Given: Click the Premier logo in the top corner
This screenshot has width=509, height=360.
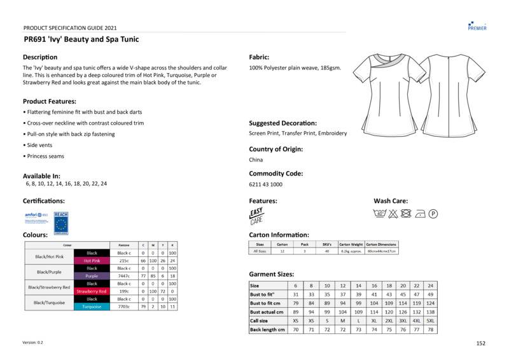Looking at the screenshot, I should click(477, 25).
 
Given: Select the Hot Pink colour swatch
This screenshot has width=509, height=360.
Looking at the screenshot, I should click(92, 261).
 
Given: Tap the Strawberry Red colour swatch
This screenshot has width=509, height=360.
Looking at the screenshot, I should click(92, 291).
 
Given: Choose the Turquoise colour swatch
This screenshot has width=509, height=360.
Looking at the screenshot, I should click(92, 307).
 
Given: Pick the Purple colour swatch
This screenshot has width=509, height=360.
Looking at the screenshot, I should click(92, 276).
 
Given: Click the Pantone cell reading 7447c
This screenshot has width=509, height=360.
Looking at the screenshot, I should click(124, 276).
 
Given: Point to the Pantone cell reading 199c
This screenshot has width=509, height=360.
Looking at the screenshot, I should click(124, 291).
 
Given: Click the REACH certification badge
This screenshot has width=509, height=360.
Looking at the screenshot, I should click(61, 221).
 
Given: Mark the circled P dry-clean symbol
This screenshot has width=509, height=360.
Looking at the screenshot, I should click(434, 214).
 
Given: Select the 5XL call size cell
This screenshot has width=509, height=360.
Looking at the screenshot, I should click(431, 321).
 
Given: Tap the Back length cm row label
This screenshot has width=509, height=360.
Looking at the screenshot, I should click(267, 330).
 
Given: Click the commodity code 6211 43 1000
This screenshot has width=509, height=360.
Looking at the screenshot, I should click(266, 184).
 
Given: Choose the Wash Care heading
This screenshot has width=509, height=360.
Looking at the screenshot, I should click(391, 200).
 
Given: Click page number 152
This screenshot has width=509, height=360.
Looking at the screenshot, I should click(481, 343).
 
